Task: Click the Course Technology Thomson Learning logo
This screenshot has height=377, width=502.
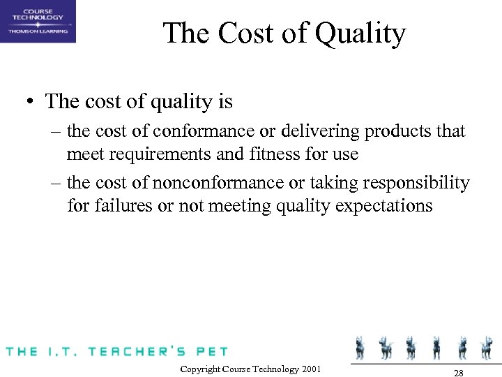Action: (38, 22)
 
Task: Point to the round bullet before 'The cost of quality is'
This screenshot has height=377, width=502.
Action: (31, 103)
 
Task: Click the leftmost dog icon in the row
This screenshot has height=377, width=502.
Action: (360, 347)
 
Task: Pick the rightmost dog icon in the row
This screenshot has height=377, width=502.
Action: (485, 347)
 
